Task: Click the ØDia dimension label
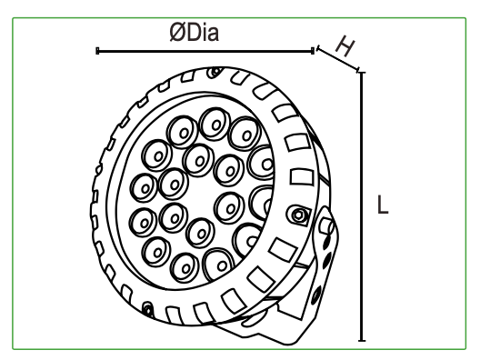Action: pos(194,33)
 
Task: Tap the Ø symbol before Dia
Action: pos(176,33)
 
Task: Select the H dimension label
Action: pos(345,46)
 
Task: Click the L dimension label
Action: pos(383,205)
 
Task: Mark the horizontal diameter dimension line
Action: pos(205,51)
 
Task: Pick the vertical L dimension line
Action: pos(362,206)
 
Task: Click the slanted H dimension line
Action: pos(338,59)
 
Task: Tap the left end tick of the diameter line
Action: pos(97,51)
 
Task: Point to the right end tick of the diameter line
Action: pos(313,51)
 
